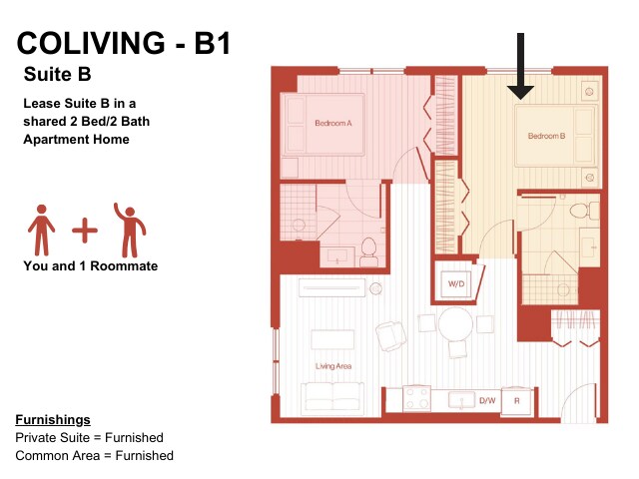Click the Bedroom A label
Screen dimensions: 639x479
332,123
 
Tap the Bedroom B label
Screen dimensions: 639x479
546,136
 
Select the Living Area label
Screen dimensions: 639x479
333,366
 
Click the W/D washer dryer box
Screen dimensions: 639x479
456,283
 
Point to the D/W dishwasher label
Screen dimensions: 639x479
487,401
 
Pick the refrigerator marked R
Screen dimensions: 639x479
517,401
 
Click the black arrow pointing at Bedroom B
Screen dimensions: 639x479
520,67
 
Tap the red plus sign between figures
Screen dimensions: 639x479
85,231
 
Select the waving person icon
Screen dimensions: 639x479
130,231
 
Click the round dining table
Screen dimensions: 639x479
455,324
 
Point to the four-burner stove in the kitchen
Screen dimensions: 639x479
417,398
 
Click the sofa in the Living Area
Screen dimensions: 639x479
332,398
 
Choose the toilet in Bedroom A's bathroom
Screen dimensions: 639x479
368,252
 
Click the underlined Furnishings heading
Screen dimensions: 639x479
53,419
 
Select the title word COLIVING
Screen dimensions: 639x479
91,43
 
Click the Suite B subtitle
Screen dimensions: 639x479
57,74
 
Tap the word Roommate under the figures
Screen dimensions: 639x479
124,266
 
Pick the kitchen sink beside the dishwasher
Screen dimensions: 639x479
461,399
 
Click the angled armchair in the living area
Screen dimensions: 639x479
391,336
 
